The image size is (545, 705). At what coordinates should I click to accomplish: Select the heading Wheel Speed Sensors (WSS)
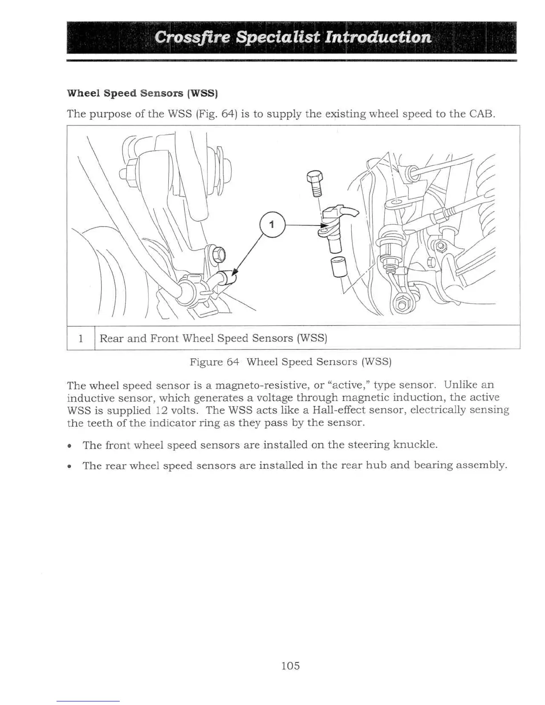pos(142,93)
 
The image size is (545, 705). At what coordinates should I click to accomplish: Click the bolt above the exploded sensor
pos(315,182)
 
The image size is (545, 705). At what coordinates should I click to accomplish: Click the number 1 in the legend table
pos(81,338)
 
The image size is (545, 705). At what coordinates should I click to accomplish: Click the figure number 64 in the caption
pos(233,361)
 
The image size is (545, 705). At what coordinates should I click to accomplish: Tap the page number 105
pos(290,666)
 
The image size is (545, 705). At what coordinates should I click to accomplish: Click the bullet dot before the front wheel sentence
pos(69,446)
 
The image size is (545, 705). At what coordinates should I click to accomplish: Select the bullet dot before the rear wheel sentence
pos(69,466)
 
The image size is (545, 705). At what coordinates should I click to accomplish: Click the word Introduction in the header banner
pos(378,37)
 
